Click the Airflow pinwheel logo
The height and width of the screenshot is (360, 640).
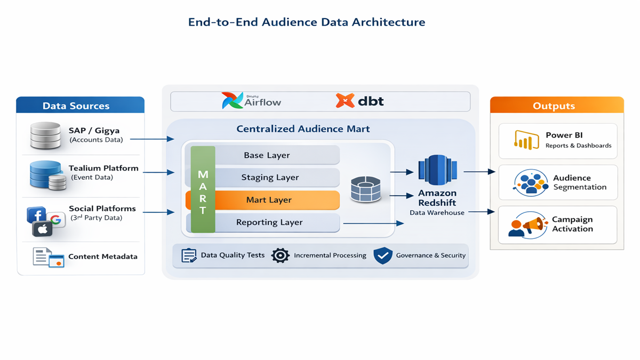click(233, 100)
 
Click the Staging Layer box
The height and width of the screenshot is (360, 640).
click(270, 178)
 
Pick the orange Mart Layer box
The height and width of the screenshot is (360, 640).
click(269, 200)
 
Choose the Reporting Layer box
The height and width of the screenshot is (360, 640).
click(269, 222)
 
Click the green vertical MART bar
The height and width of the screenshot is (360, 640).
click(203, 189)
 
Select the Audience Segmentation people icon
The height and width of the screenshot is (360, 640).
click(530, 182)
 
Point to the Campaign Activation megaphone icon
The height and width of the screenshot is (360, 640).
click(527, 225)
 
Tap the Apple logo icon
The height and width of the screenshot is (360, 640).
click(43, 229)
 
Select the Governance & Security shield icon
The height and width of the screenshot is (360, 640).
click(383, 255)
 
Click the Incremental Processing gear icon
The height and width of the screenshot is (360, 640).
click(281, 255)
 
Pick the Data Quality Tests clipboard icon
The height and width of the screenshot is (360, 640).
click(189, 255)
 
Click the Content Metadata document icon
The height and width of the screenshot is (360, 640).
click(48, 257)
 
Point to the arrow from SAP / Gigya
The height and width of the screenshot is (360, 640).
click(152, 139)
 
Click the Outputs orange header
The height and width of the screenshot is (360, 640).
click(556, 106)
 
